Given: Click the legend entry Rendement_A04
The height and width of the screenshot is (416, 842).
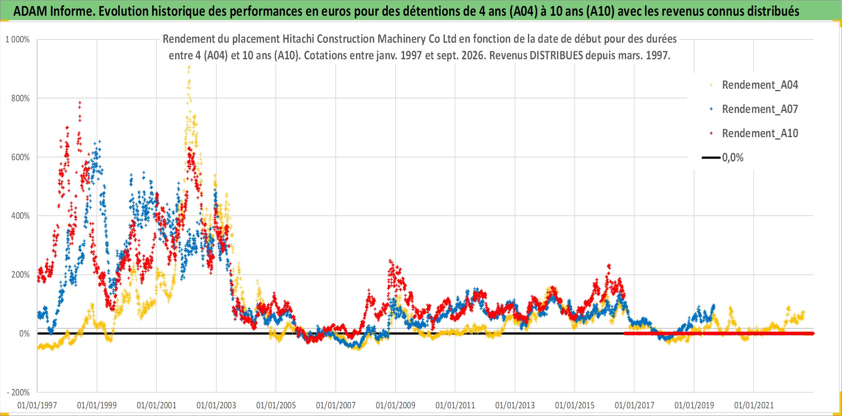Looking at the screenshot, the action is tap(760, 85).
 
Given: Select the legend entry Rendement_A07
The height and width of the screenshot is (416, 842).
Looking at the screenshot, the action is tap(760, 109).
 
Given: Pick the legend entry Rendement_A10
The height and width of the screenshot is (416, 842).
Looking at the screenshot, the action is tap(760, 134).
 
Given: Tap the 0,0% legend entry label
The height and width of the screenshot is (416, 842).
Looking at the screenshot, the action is tap(733, 158).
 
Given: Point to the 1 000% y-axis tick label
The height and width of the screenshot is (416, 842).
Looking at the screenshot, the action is tap(17, 40).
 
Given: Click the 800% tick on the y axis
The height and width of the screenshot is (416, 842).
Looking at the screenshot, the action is tap(20, 98).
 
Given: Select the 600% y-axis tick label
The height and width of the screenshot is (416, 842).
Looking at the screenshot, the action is tap(20, 157).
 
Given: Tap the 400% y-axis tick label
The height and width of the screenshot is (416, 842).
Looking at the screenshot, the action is tap(20, 216).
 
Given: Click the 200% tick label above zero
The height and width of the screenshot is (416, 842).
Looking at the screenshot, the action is tap(20, 275).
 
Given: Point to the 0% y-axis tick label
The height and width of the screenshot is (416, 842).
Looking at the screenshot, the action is tap(24, 334).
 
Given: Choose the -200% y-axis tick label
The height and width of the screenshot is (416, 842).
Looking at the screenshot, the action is tap(18, 393).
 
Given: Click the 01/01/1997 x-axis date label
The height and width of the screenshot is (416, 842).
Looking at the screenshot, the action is tap(37, 405).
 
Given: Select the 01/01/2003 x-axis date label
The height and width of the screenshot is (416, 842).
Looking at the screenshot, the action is tap(216, 405).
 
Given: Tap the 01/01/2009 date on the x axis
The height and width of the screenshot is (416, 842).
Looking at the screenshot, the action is tap(396, 405).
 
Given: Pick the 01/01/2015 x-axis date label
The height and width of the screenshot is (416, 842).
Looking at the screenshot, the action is tap(575, 405).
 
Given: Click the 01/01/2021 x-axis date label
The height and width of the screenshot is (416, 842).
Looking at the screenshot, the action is tap(754, 405).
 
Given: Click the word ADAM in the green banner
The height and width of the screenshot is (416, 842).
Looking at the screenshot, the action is tap(30, 11).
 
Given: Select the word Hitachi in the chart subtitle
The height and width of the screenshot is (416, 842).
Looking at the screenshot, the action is tap(298, 39).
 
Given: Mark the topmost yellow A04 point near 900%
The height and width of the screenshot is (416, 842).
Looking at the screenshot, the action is tap(189, 67).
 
